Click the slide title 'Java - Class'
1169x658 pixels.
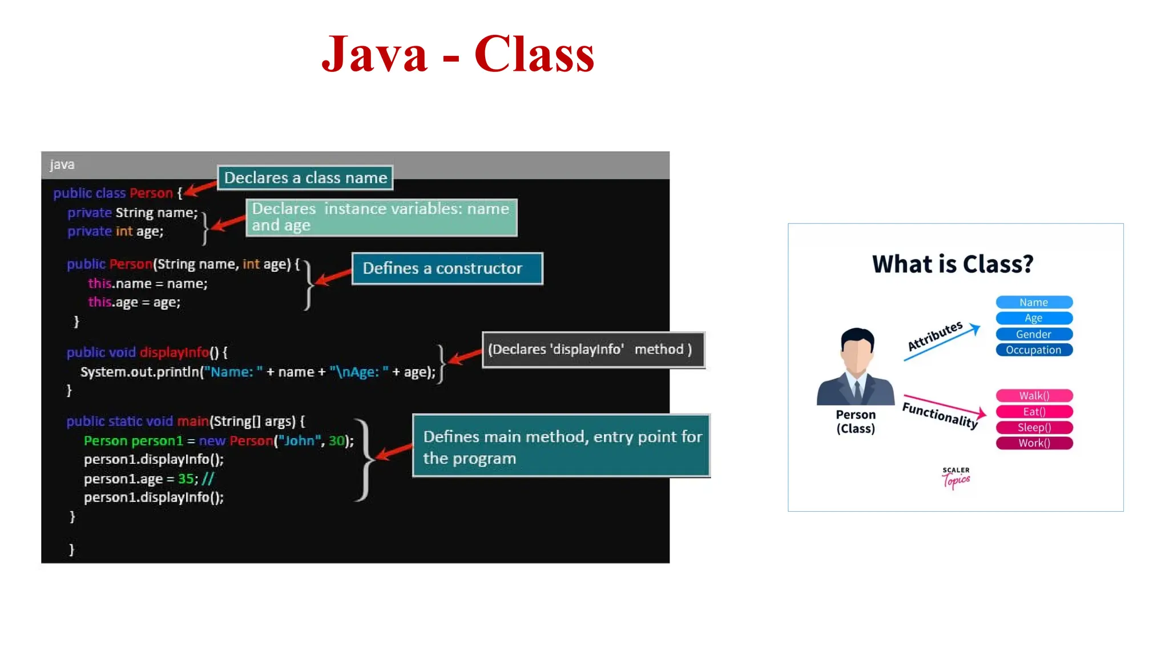458,54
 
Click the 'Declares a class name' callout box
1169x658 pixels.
305,178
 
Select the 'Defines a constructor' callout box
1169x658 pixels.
447,268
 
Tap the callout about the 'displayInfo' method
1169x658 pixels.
593,350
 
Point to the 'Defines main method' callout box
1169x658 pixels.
561,446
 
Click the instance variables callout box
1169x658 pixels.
381,217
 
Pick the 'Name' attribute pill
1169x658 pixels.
1034,302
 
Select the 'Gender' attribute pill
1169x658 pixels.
1034,334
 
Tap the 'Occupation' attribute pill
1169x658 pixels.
1034,350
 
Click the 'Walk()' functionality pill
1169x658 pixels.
1034,396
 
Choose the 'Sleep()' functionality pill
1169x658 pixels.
1034,427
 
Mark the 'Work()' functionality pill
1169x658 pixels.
1034,443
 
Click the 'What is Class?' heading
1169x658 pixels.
953,264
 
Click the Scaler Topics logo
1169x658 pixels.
956,478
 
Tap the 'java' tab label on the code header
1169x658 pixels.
62,164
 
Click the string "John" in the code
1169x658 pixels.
299,441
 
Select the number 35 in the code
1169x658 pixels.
186,479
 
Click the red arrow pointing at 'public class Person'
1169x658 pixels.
200,188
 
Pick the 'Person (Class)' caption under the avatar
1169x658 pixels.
856,422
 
